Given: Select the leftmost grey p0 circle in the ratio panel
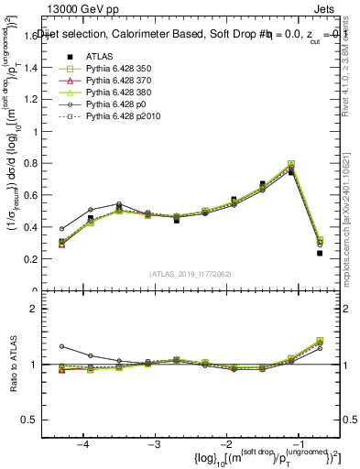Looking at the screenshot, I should (x=62, y=346).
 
